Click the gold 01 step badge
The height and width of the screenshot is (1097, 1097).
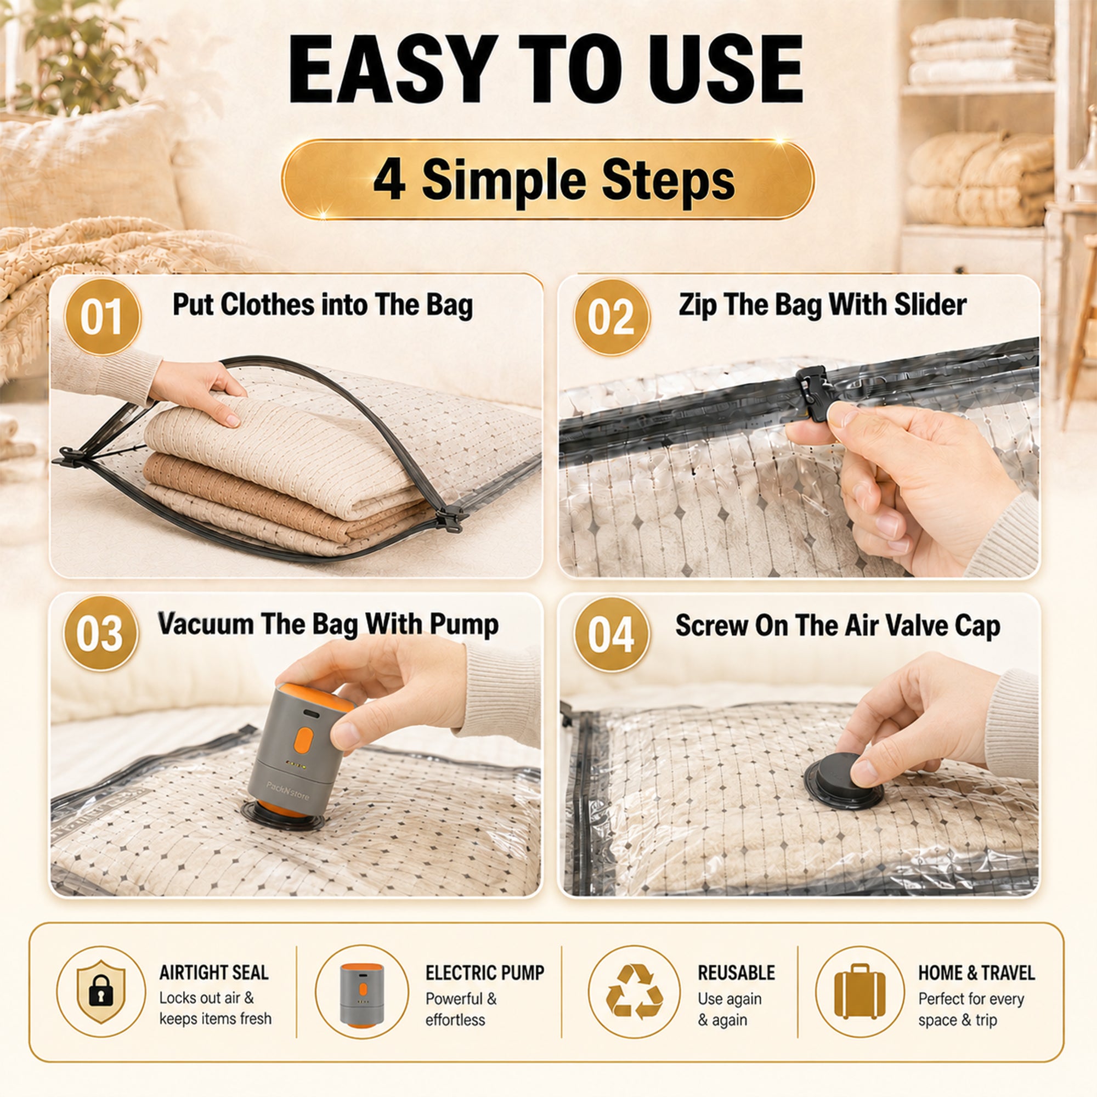click(102, 316)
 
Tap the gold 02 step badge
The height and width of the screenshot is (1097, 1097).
click(612, 316)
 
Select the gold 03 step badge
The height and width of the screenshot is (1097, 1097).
click(100, 633)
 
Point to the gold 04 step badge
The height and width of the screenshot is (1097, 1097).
click(612, 634)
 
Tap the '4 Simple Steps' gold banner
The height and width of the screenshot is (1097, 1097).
click(548, 179)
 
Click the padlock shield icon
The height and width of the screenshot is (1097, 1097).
click(101, 991)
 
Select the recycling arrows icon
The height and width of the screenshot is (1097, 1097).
click(634, 991)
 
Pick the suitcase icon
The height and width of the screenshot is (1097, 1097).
click(859, 991)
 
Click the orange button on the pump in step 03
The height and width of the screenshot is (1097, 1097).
click(303, 740)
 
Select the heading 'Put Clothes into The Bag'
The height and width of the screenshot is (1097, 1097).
click(323, 305)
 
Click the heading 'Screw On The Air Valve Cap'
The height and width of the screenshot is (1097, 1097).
click(838, 626)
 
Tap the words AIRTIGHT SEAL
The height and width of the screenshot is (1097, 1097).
click(213, 972)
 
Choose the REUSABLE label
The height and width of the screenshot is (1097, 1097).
click(736, 972)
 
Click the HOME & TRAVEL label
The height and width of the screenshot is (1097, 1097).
click(977, 972)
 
